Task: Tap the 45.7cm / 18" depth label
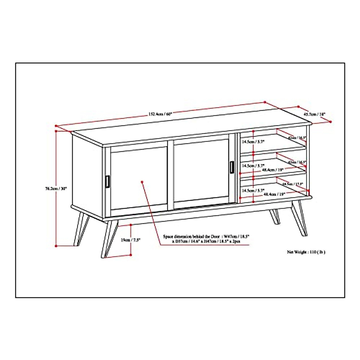pyautogui.click(x=314, y=114)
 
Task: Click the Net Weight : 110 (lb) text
pyautogui.click(x=306, y=252)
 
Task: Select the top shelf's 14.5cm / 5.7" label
pyautogui.click(x=253, y=142)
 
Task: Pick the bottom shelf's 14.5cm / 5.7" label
pyautogui.click(x=253, y=190)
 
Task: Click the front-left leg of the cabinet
pyautogui.click(x=108, y=240)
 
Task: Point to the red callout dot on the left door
pyautogui.click(x=142, y=182)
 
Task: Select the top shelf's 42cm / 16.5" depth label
pyautogui.click(x=296, y=138)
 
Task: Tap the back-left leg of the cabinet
pyautogui.click(x=81, y=228)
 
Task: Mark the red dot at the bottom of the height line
pyautogui.click(x=56, y=246)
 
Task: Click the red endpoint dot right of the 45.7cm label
pyautogui.click(x=330, y=122)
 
